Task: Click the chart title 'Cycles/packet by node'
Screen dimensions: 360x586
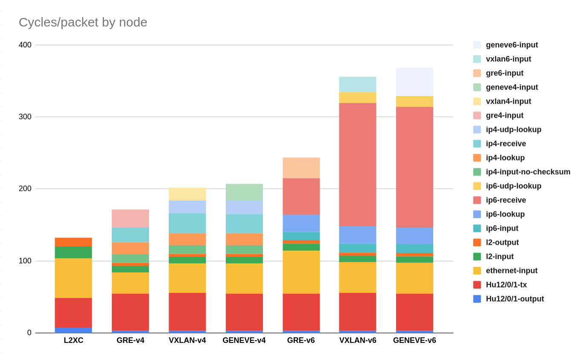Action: pos(83,22)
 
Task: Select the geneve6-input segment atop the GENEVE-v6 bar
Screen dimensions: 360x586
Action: pos(414,82)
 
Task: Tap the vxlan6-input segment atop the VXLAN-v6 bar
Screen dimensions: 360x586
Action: pos(358,84)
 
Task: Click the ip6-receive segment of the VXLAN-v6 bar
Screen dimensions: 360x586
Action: pos(358,164)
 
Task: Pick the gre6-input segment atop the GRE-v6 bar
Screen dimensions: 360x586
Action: pos(301,167)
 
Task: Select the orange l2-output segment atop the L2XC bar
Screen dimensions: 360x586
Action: pos(73,242)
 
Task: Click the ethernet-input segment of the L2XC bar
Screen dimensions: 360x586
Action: pos(73,278)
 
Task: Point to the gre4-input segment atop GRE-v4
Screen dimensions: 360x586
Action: pos(130,218)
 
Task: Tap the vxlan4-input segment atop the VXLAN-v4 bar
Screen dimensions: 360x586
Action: pos(187,194)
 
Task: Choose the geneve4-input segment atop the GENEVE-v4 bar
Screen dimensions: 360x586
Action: pos(244,192)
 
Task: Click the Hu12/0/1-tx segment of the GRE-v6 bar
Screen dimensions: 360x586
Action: pos(301,312)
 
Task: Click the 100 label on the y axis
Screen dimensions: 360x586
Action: pos(25,261)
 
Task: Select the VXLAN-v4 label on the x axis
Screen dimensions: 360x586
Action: pos(187,341)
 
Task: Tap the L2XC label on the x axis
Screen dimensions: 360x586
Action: pos(73,341)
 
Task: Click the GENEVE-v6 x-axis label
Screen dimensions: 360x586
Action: pos(414,341)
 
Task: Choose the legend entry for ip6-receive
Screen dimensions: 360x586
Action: pos(505,200)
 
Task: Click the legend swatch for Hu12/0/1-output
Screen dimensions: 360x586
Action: pos(477,299)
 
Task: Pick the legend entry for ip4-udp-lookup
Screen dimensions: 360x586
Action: pos(513,130)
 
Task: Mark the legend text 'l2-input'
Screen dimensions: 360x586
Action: pos(499,257)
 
